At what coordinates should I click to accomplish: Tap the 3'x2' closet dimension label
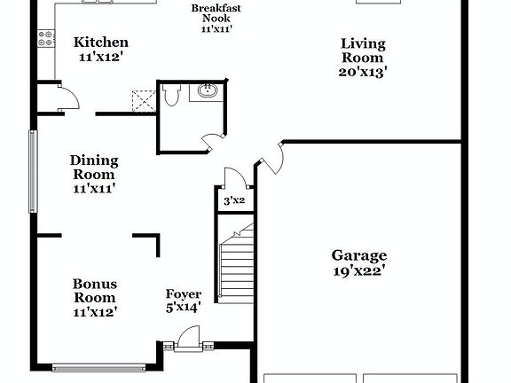234,201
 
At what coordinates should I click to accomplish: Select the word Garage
358,255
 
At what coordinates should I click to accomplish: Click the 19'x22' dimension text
358,271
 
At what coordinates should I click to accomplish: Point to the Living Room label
364,51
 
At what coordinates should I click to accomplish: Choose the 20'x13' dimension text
364,72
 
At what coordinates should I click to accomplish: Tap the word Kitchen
100,42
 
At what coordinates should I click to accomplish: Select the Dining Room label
94,168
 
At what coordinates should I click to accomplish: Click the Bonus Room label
94,291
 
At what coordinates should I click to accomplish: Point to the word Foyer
184,294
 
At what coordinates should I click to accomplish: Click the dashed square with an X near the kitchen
142,98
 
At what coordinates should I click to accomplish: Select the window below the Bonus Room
98,365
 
